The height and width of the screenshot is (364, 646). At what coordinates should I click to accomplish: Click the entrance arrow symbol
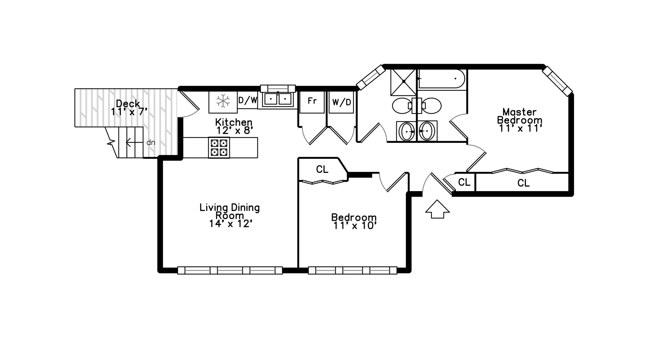tap(437, 209)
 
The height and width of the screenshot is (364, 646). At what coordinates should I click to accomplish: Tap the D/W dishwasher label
tap(248, 100)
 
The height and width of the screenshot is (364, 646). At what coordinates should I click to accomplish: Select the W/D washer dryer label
tap(342, 102)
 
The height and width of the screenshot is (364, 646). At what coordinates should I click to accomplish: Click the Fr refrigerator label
tap(312, 101)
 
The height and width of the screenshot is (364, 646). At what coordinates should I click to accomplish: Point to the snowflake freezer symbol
tap(223, 101)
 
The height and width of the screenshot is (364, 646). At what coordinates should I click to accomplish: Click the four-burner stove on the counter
tap(219, 148)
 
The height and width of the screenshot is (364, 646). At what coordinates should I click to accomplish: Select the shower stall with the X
tap(403, 82)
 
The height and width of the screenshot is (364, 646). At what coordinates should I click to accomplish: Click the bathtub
tap(441, 79)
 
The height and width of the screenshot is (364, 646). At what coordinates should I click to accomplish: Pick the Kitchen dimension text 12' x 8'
tap(234, 130)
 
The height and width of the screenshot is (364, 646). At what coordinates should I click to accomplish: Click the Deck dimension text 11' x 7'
tap(129, 112)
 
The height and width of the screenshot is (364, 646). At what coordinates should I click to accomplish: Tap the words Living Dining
tap(230, 207)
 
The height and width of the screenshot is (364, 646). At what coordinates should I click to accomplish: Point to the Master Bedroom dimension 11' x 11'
tap(520, 128)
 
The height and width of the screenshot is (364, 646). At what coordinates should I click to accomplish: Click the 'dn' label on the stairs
tap(151, 143)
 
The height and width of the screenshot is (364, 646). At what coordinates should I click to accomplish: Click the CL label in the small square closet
tap(464, 182)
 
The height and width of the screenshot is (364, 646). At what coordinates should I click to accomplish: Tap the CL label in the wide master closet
tap(524, 183)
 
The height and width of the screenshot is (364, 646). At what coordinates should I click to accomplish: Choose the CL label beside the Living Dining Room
tap(322, 170)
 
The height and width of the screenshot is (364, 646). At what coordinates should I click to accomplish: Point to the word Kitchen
tap(234, 122)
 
